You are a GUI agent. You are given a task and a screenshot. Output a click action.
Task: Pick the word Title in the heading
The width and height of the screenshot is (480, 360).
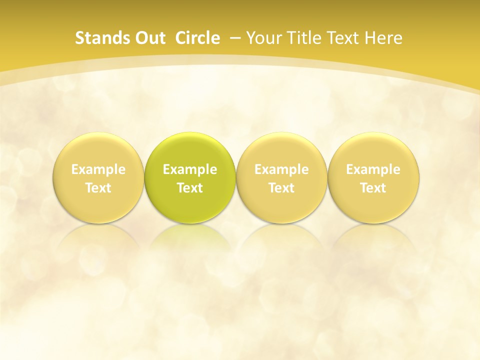click(300, 38)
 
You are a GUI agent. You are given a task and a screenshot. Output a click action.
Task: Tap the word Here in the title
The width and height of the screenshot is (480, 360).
click(383, 38)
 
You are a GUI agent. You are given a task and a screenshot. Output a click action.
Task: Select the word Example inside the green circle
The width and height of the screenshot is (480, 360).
click(190, 169)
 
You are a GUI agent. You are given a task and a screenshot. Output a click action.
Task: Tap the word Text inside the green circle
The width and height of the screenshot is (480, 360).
click(190, 188)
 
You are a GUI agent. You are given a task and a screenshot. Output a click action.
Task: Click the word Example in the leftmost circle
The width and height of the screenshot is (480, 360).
click(98, 169)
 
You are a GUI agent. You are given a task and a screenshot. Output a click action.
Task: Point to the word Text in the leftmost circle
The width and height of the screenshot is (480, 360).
click(98, 188)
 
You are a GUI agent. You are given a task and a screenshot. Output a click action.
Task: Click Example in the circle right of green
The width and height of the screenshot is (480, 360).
click(281, 169)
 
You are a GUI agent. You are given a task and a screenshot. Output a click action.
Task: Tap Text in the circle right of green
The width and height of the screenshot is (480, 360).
click(281, 188)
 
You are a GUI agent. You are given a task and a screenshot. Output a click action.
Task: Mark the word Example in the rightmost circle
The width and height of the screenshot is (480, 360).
click(373, 169)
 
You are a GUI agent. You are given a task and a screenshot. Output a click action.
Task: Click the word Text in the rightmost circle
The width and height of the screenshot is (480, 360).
click(373, 188)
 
